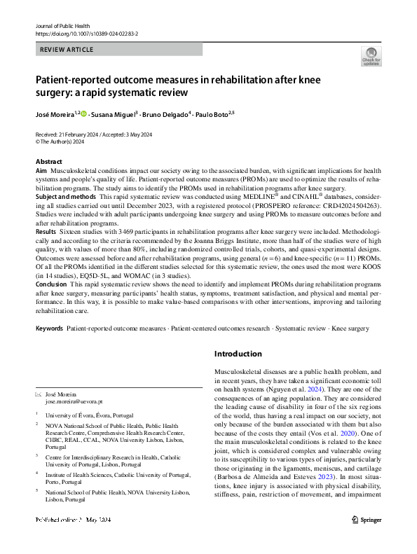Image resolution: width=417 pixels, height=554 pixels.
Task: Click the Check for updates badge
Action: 371,56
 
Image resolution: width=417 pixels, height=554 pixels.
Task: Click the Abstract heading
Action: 48,161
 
